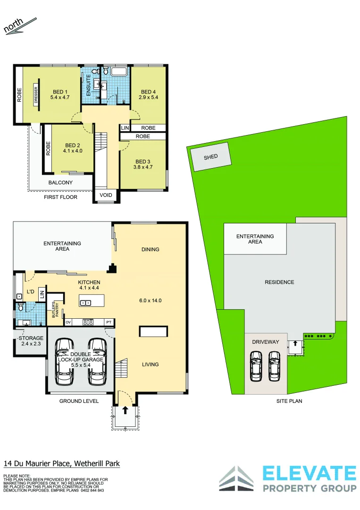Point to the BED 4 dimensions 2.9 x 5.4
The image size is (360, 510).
[148, 98]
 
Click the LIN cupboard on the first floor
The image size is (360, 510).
[125, 128]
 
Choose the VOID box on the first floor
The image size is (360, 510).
[105, 195]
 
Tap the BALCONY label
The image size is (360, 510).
[60, 183]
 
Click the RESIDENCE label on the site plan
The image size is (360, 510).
[279, 282]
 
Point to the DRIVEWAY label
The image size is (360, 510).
[266, 342]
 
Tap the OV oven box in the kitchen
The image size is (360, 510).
[68, 323]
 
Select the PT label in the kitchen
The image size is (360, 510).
[109, 323]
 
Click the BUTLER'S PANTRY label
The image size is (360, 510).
[55, 310]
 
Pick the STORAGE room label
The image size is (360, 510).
[31, 338]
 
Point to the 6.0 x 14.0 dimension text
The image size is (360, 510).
[151, 300]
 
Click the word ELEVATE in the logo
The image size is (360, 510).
[309, 474]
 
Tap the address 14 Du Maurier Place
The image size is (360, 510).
[38, 464]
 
